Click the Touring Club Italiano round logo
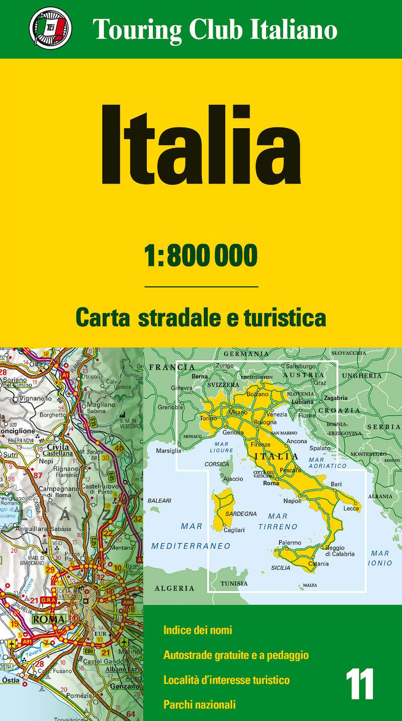[51, 28]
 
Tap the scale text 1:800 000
[201, 256]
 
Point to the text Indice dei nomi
[197, 630]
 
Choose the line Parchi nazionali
[199, 705]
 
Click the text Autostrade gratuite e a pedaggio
[236, 655]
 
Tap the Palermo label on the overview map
[290, 543]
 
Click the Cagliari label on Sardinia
[234, 530]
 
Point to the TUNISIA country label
[234, 584]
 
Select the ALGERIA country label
[174, 588]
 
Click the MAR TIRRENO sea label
[278, 521]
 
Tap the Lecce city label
[351, 508]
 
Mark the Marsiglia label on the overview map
[168, 451]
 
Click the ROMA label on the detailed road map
[49, 619]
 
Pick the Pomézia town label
[79, 695]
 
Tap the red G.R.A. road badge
[49, 600]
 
